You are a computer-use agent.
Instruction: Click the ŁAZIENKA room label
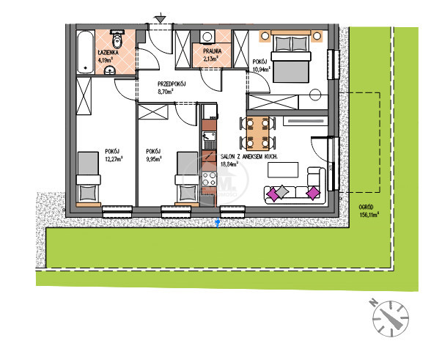(x=108, y=52)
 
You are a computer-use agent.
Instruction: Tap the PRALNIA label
(x=213, y=51)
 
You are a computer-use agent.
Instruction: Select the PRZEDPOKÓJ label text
(x=172, y=84)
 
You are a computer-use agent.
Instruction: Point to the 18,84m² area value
(x=229, y=164)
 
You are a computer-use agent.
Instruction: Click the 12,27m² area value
(x=114, y=158)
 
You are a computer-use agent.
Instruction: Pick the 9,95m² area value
(x=154, y=158)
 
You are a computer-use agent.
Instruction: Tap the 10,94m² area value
(x=261, y=69)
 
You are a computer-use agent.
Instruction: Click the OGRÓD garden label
(x=366, y=207)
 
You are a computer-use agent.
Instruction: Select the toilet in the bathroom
(x=117, y=39)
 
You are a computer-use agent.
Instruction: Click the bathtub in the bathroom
(x=85, y=52)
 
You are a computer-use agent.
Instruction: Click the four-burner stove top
(x=209, y=178)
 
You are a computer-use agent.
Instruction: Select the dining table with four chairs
(x=257, y=133)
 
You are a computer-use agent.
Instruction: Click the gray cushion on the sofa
(x=281, y=191)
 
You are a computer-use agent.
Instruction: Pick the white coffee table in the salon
(x=283, y=169)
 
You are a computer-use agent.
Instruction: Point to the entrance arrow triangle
(x=161, y=19)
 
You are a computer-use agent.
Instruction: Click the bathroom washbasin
(x=110, y=70)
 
